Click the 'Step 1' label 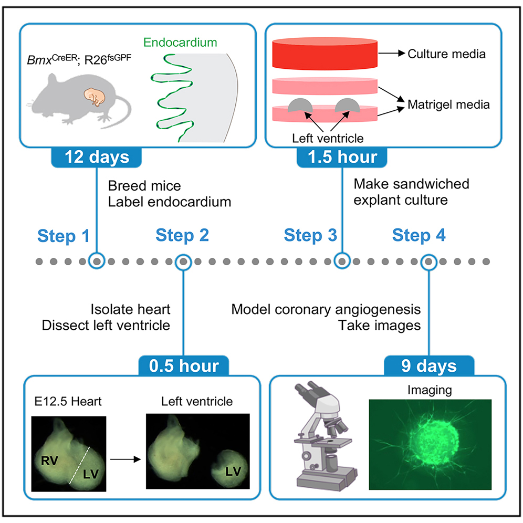(64, 236)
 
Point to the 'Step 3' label (310, 235)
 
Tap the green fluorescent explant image (430, 444)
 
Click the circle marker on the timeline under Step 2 (183, 260)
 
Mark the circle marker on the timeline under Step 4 (429, 260)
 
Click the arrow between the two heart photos (126, 458)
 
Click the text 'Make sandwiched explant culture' (411, 191)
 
